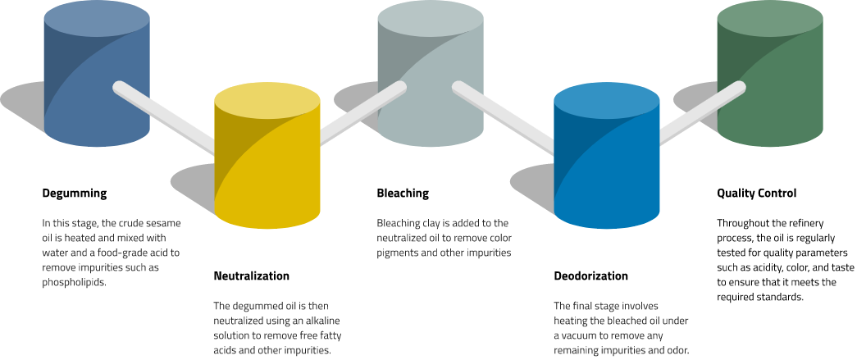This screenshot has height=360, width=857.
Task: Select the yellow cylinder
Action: point(267,164)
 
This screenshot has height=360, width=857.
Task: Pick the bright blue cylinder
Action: point(606,164)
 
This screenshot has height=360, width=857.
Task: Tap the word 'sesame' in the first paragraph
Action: point(162,224)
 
